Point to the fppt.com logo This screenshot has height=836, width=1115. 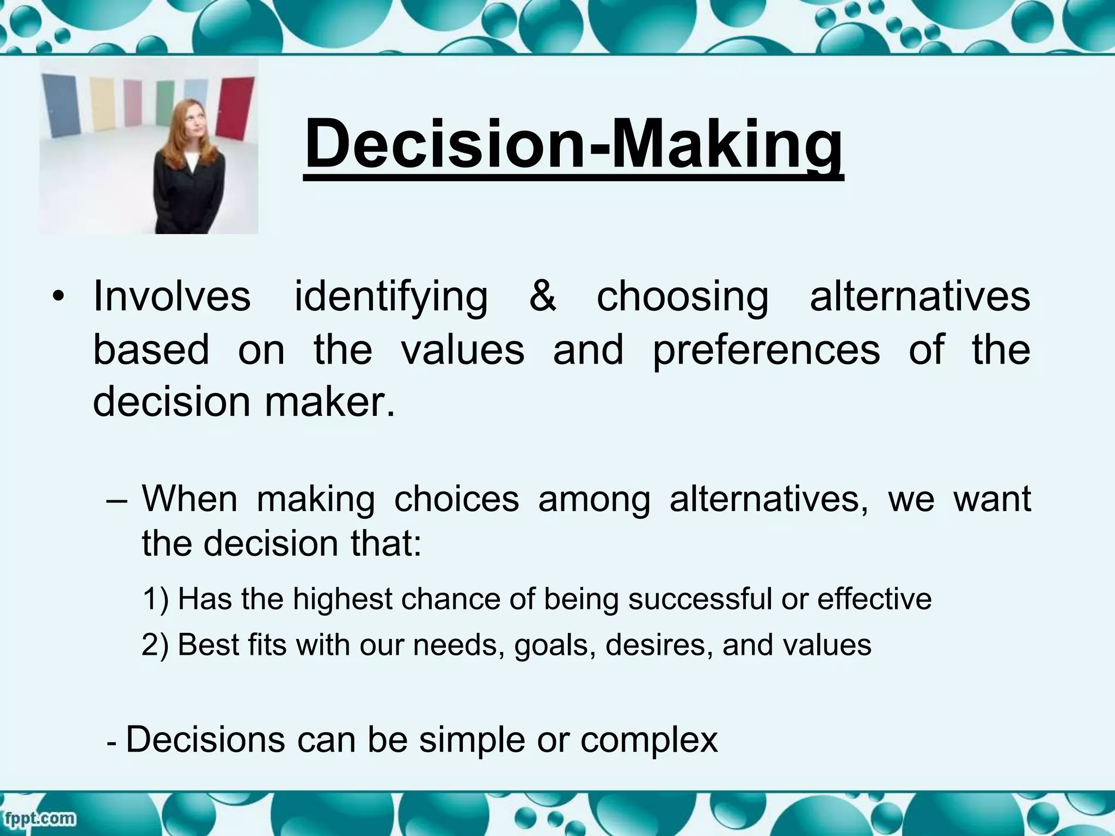[39, 817]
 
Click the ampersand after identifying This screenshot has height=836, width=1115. [542, 297]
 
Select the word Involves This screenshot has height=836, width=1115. [172, 297]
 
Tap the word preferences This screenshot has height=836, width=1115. [766, 349]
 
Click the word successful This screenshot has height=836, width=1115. [700, 599]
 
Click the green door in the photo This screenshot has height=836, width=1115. [164, 103]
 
